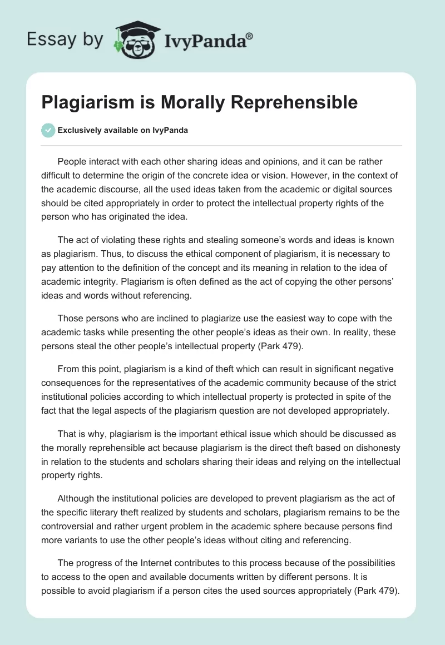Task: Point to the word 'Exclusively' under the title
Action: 78,131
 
